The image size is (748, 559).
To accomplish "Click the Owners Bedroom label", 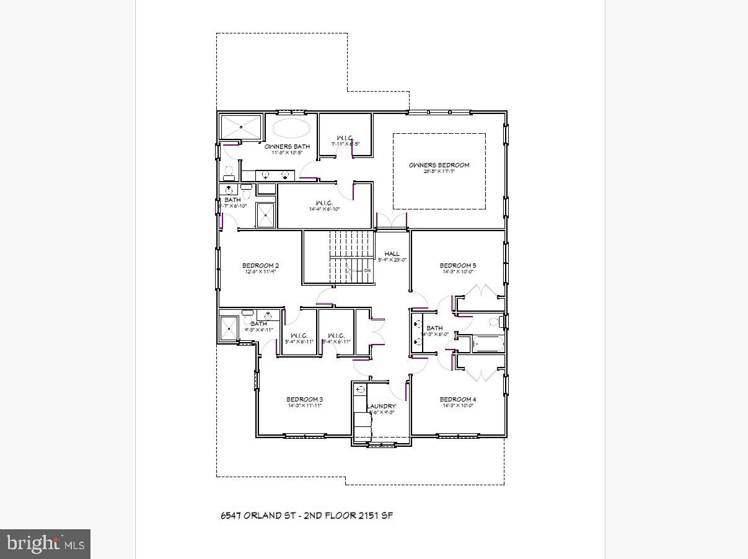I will point(439,165).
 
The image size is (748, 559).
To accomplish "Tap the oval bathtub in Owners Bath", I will point(291,129).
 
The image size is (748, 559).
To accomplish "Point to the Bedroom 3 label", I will point(304,399).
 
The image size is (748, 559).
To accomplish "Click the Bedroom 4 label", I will point(458,399).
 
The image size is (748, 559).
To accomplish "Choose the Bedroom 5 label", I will point(458,266).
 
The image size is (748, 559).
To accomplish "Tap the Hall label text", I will point(392,253).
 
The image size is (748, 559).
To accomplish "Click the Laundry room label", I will point(381,407).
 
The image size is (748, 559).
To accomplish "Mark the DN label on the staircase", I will point(367,271).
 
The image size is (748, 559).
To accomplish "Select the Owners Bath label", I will point(287,147).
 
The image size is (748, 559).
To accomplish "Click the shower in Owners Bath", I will point(241,128).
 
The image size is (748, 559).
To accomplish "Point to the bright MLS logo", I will point(45,544).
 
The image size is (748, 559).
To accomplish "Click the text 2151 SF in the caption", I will point(375,515).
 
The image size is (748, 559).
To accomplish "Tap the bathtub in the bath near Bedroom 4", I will point(488,343).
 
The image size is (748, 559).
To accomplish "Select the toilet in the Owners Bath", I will point(229,172).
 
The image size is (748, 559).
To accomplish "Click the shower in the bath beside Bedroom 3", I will point(229,328).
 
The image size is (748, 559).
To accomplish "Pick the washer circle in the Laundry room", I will point(360,389).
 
